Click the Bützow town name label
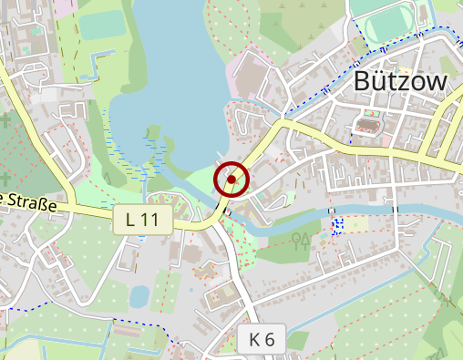click(400, 83)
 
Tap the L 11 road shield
click(143, 219)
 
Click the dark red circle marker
click(232, 180)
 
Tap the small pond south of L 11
click(139, 296)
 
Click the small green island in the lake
click(152, 133)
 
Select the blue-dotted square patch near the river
click(337, 223)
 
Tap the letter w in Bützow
click(436, 83)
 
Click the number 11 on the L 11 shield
click(150, 219)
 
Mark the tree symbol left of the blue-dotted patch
click(300, 240)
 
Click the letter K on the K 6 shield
click(254, 340)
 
